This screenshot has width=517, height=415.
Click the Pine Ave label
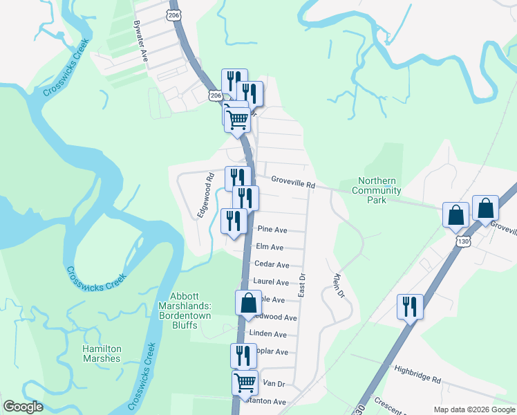pos(272,229)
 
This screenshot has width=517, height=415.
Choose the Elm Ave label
pos(270,247)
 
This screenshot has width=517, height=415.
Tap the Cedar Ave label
pos(272,264)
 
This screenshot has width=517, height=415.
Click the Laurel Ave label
pos(271,282)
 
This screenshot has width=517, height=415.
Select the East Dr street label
pos(302,285)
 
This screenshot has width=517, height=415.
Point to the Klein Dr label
pos(338,286)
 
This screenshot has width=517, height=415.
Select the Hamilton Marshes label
pos(102,353)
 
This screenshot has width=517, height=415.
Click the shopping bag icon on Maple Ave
pos(248,303)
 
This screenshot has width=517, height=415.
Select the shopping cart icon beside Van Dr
pos(245,382)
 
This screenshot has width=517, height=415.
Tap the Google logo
pos(23,407)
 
